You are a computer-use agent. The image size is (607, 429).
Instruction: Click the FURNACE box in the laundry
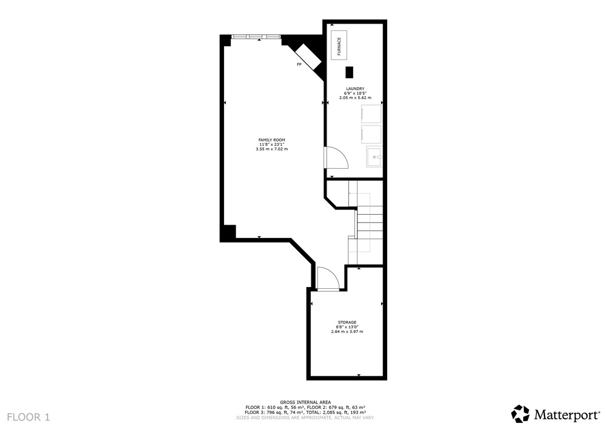coord(339,46)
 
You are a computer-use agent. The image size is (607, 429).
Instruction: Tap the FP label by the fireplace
coord(299,64)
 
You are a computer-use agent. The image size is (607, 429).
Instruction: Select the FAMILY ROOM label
coord(272,140)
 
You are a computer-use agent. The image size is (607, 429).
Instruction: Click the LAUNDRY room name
coord(355,89)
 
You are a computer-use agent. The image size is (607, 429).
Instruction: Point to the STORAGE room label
coord(347,322)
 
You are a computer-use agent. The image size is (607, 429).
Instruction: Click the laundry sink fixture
coord(374,157)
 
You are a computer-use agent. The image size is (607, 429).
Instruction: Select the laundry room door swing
coord(336,158)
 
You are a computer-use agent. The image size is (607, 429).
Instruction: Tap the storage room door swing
coord(328,278)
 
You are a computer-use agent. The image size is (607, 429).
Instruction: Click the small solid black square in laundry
coord(350,72)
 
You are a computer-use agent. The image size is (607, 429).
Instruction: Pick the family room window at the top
coord(256,36)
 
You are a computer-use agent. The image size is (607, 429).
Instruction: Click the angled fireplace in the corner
coord(307,56)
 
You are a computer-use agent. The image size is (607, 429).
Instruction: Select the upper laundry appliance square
coord(371,113)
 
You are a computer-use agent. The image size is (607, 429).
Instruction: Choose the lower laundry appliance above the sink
coord(371,134)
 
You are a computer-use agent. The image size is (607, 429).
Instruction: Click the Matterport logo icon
coord(520,413)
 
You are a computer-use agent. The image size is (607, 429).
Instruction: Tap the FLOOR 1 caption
coord(29,417)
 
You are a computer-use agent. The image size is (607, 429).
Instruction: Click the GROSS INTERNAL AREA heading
coord(305,402)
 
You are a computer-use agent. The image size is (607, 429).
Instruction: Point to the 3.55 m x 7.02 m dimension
coord(272,149)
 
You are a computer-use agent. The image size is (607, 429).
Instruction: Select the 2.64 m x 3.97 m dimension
coord(347,331)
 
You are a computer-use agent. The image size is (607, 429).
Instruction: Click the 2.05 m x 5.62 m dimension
coord(355,98)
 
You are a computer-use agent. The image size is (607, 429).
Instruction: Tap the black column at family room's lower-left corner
coord(228,233)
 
